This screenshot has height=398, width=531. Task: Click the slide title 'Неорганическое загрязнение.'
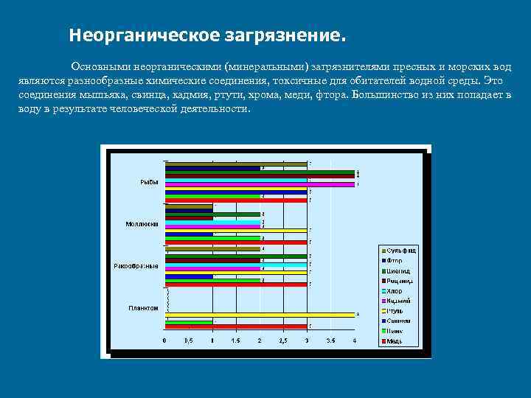point(206,35)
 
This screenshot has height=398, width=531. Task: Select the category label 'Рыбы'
point(149,182)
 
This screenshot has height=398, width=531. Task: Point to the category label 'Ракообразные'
point(136,265)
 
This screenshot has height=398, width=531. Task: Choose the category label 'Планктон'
point(143,307)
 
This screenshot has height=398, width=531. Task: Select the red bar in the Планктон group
point(236,326)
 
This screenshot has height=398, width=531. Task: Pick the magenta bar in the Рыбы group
point(260,184)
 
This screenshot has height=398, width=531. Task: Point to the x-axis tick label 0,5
point(188,341)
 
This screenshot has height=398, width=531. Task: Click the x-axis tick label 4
point(354,341)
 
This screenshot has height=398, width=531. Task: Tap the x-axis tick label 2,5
point(282,341)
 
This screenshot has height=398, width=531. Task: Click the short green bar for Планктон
point(189,322)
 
